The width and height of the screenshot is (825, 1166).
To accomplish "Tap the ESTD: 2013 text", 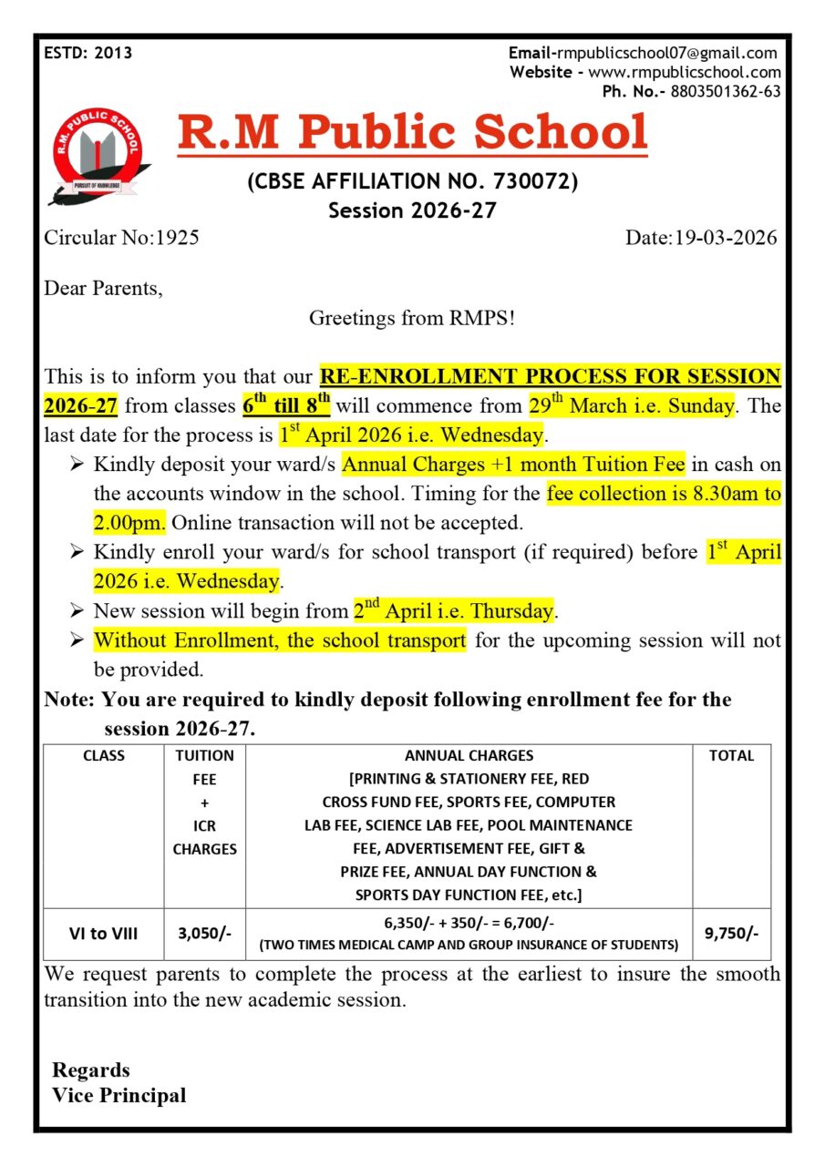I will [88, 53].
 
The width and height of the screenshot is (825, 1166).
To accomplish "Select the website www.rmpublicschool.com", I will [684, 72].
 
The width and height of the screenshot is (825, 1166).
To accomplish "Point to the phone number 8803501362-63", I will [725, 91].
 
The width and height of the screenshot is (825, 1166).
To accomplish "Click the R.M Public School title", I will [412, 133].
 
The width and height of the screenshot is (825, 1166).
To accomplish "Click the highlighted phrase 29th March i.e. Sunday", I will [631, 405].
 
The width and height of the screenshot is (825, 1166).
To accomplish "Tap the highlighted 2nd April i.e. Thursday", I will [454, 610].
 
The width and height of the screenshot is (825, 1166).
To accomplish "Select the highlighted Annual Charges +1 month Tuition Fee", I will [513, 465].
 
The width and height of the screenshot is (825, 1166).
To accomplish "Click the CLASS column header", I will [104, 755].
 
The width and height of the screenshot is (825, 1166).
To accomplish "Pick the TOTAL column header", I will [731, 755].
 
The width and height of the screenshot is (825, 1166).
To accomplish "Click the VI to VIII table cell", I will [104, 933].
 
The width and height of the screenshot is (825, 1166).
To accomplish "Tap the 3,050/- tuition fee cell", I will [204, 933].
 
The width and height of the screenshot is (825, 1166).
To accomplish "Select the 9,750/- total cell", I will [731, 933].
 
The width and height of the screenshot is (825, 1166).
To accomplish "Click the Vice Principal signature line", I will [119, 1096].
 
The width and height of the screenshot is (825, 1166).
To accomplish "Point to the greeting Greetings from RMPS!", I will [412, 318].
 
